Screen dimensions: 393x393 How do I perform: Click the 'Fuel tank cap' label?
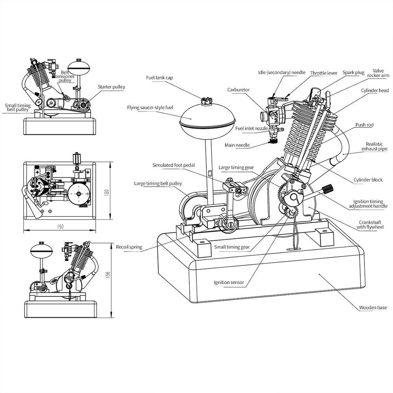[159, 78]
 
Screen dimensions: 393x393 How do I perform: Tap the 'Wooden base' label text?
[373, 307]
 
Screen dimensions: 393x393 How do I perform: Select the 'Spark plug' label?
[353, 73]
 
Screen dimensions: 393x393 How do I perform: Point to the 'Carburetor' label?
[238, 90]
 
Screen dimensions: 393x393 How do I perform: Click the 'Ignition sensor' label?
[229, 282]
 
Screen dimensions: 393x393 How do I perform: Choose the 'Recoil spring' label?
[129, 247]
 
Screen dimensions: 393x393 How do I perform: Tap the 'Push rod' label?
[364, 125]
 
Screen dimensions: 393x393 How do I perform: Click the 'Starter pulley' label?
[111, 87]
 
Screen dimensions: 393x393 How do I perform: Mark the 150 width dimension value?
[60, 227]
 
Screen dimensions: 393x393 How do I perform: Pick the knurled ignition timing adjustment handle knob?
[327, 188]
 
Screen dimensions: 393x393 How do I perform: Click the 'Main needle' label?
[237, 145]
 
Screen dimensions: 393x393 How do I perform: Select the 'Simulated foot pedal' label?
[174, 165]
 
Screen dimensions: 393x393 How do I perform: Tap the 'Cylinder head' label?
[374, 90]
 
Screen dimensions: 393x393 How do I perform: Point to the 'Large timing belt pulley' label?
[158, 184]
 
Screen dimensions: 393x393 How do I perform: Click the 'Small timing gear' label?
[232, 247]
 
